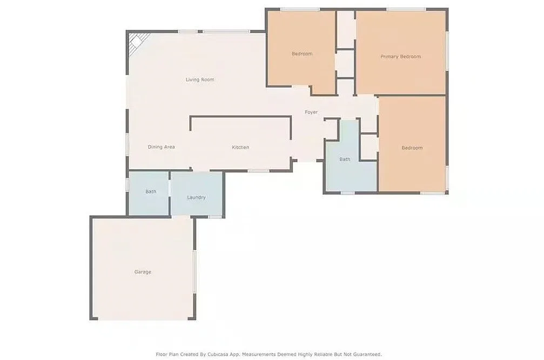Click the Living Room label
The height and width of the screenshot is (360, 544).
[x=200, y=79]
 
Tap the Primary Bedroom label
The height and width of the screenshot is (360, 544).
[x=400, y=57]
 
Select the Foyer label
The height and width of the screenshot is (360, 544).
[x=311, y=112]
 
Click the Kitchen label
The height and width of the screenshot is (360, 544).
[x=240, y=148]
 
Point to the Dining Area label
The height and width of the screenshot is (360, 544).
[x=161, y=147]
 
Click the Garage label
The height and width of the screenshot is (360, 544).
[x=143, y=272]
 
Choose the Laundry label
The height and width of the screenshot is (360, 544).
[x=196, y=197]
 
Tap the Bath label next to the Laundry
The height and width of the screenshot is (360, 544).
[x=151, y=191]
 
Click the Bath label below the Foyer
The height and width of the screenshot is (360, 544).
[x=345, y=159]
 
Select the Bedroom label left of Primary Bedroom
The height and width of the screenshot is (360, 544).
[x=302, y=54]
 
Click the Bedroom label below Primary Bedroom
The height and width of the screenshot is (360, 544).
[x=412, y=148]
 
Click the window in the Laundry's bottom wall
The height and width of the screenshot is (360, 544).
[x=215, y=217]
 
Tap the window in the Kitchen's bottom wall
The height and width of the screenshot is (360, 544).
[x=259, y=171]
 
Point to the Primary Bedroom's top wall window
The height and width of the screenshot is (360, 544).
[x=406, y=9]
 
